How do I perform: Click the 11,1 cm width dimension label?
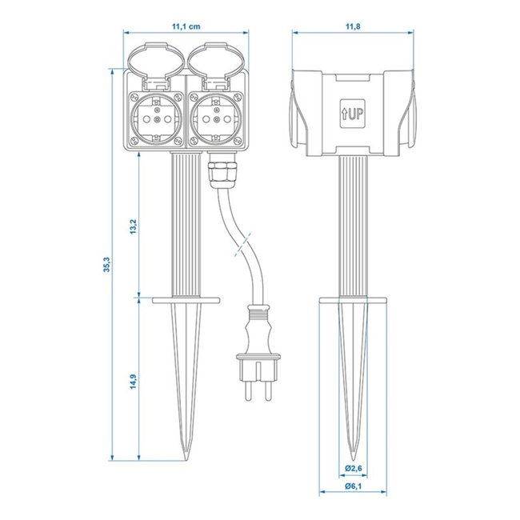click(186, 25)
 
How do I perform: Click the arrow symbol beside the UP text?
click(343, 114)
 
